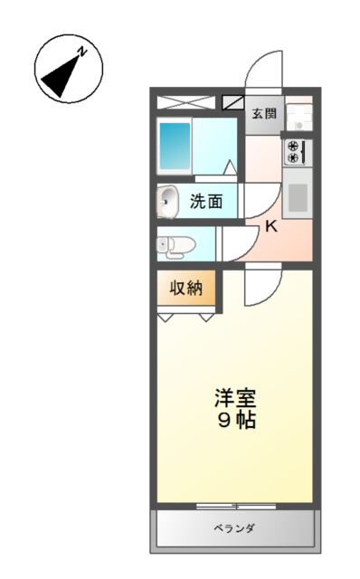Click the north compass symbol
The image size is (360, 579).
point(68,68)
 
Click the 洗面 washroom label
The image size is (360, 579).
point(206,201)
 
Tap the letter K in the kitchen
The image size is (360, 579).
point(270,226)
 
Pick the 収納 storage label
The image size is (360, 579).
point(187,289)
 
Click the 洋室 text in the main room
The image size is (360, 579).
point(235,398)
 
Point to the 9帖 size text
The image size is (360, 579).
point(235,420)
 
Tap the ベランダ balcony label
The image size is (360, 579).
point(233,529)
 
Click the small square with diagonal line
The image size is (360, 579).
point(233,102)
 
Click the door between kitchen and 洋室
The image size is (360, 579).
point(260,287)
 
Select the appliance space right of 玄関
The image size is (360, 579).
point(299,114)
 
